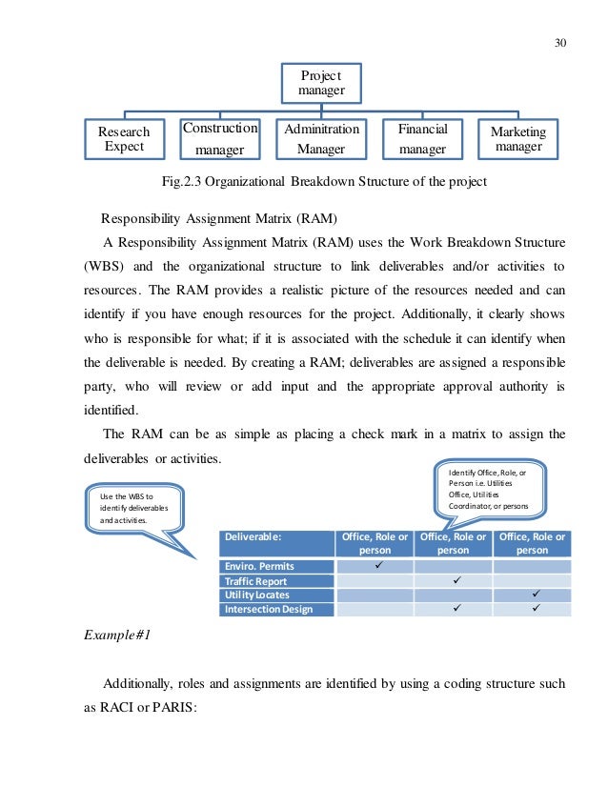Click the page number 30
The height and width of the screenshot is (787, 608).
pos(559,42)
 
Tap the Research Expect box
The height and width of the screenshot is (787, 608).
pos(125,139)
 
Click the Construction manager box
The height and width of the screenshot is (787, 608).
pos(220,139)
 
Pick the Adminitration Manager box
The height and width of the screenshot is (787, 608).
pos(320,139)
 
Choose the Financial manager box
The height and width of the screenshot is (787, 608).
pos(422,139)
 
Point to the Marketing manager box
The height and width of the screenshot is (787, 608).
pos(518,139)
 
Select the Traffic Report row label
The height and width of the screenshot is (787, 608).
pos(257,581)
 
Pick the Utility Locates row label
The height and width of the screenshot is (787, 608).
pos(257,595)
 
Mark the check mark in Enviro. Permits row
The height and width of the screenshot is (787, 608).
pos(378,567)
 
